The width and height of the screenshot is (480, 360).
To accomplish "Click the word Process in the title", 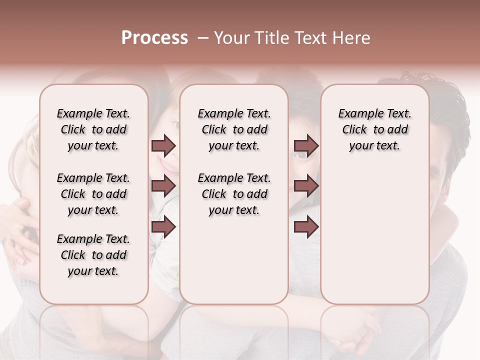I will [x=154, y=38].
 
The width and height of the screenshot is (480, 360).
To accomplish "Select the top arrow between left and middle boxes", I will [x=163, y=145].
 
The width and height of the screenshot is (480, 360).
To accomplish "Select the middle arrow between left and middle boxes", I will [x=163, y=186].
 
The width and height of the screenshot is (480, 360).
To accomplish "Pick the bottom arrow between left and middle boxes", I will [x=163, y=227].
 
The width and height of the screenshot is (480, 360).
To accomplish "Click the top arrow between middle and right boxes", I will [x=306, y=145].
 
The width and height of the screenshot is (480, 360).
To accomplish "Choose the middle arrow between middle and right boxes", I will [x=306, y=186].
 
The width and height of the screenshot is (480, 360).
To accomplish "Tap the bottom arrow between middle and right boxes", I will [x=306, y=227].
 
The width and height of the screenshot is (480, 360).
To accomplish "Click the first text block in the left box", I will [x=93, y=129].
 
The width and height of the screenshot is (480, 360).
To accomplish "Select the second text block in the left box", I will [x=93, y=194].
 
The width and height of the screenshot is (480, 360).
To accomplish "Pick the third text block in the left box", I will [x=93, y=255].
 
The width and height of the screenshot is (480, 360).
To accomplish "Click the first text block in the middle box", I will [x=234, y=129].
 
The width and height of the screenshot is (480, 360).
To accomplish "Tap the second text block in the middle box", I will [x=234, y=194].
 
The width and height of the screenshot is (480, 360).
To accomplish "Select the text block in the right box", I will [x=374, y=129].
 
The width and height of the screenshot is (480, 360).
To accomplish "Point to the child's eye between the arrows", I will [x=300, y=155].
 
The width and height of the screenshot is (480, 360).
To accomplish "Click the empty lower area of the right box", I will [x=374, y=235].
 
